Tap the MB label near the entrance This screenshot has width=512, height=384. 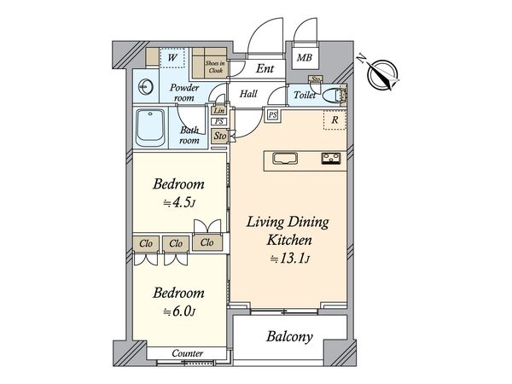[x=305, y=58]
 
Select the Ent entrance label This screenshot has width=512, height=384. [x=265, y=68]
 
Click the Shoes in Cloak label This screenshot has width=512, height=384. [x=215, y=67]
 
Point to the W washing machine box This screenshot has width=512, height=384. [x=172, y=58]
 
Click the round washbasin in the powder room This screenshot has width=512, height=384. [x=146, y=87]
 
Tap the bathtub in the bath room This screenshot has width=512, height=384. [x=150, y=128]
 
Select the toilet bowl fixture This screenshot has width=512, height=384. [x=334, y=96]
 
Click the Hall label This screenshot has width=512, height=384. [x=248, y=94]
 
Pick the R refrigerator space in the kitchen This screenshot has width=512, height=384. [x=335, y=119]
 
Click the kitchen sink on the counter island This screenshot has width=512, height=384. [x=285, y=159]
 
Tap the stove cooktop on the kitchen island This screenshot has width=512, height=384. [x=331, y=159]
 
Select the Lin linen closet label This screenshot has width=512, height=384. [x=218, y=111]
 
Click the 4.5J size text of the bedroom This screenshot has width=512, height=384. [x=179, y=203]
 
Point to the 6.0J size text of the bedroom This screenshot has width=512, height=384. [x=179, y=311]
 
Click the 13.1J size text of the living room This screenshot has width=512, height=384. [x=289, y=259]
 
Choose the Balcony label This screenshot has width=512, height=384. [x=289, y=337]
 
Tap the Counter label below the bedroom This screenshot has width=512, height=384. [x=188, y=353]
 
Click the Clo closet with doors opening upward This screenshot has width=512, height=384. [x=207, y=242]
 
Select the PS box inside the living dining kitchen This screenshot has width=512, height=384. [x=273, y=115]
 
